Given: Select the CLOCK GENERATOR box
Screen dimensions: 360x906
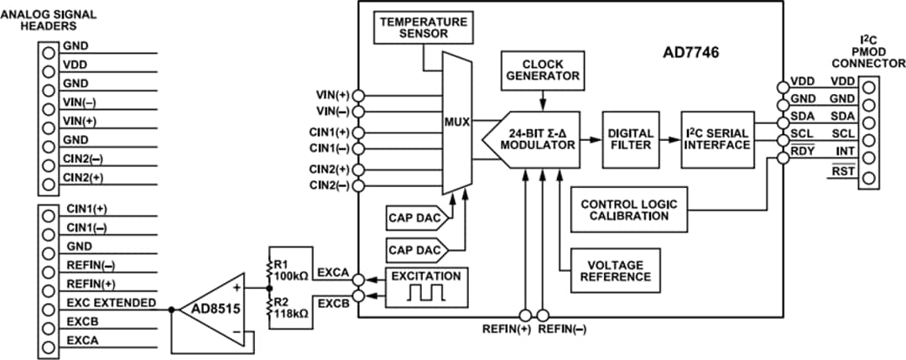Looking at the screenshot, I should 541,68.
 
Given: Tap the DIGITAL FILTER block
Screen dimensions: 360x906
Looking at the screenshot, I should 628,138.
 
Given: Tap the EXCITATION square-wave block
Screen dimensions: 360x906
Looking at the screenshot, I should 425,284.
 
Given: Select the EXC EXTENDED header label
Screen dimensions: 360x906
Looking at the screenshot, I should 110,301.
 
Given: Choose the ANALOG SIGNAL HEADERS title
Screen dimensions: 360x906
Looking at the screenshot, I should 52,20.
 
